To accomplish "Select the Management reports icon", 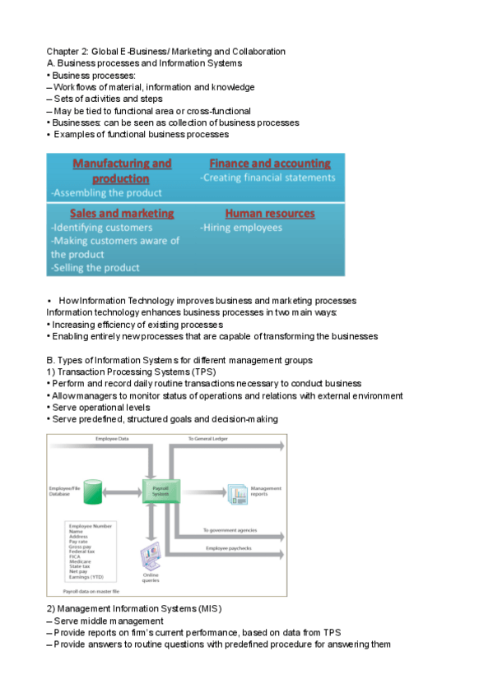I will [238, 492].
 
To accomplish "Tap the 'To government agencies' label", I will [230, 529].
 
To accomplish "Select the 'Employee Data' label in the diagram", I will [112, 440].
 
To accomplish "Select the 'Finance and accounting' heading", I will [270, 164].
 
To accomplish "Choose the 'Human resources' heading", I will [269, 213].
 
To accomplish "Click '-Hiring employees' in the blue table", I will [241, 228].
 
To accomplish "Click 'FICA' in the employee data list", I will [75, 556].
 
